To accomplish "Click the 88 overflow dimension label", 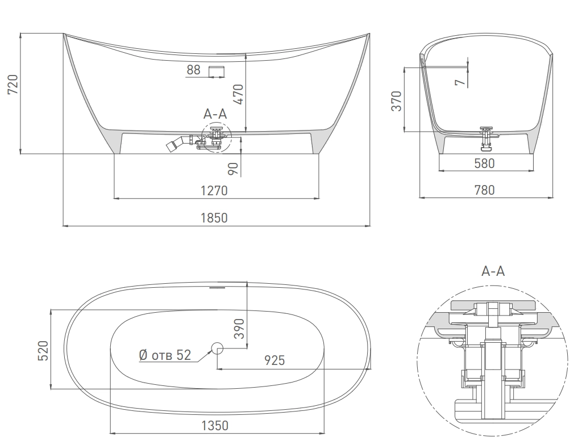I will (x=193, y=70).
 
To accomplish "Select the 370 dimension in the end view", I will (x=397, y=100).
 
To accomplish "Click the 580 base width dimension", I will (x=484, y=163).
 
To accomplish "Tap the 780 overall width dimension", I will (x=484, y=190).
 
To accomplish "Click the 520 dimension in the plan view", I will (x=43, y=350).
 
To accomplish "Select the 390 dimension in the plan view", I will (x=239, y=328).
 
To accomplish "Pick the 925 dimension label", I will (x=274, y=360).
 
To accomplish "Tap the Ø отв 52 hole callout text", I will (x=165, y=355).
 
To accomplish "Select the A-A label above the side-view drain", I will (x=215, y=114).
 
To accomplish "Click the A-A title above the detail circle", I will (x=493, y=271).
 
